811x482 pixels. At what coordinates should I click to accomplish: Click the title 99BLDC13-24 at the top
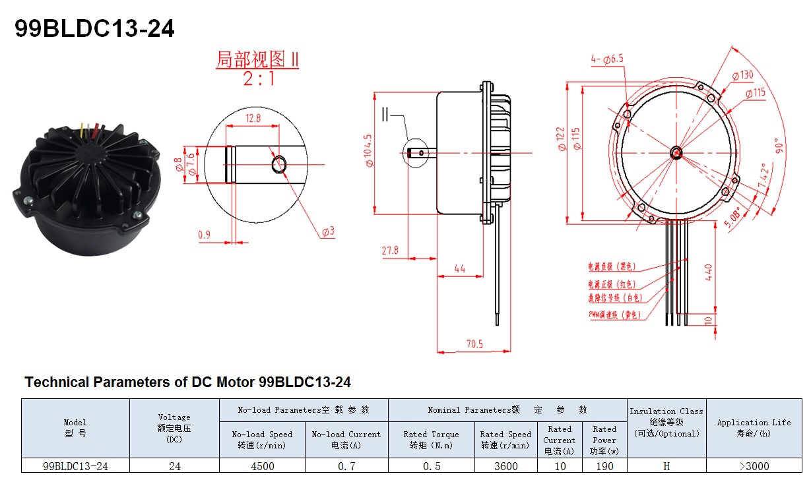pos(94,28)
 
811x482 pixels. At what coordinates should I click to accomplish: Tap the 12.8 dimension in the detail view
pos(253,117)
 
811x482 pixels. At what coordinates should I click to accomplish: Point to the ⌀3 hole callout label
pos(328,232)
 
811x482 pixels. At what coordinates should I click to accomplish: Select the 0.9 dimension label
pos(204,234)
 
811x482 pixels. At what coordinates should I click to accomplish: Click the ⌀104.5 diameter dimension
pos(368,150)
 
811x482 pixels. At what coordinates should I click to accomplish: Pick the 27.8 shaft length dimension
pos(390,251)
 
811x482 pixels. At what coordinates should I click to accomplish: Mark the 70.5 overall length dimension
pos(474,344)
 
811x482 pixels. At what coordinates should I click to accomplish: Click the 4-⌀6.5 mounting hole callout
pos(607,59)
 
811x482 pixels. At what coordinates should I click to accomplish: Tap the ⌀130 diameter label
pos(741,75)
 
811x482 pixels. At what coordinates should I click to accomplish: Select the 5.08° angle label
pos(732,216)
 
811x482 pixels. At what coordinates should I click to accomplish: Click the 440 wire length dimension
pos(709,272)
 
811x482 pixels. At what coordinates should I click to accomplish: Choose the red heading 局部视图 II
pos(257,59)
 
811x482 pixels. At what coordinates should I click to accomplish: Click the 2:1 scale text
pos(258,79)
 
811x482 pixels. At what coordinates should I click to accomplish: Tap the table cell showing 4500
pos(262,466)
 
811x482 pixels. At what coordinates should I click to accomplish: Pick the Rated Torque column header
pos(431,440)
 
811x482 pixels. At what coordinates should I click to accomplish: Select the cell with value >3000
pos(754,466)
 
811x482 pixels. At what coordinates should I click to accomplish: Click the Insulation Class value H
pos(666,466)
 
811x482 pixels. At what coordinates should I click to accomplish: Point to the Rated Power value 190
pos(604,466)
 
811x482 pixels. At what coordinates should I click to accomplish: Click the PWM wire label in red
pos(614,315)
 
